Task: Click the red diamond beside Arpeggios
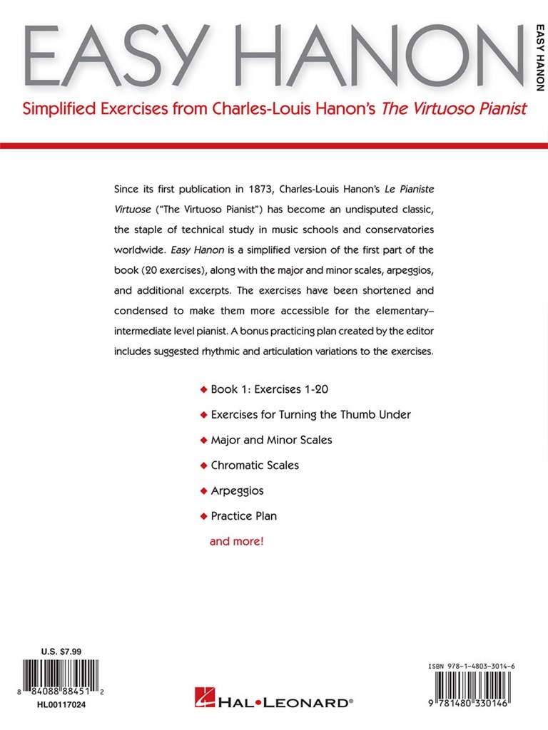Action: pyautogui.click(x=204, y=491)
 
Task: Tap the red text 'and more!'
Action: pyautogui.click(x=236, y=541)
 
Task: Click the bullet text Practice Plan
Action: pyautogui.click(x=243, y=515)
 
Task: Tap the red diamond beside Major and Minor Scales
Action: pyautogui.click(x=204, y=441)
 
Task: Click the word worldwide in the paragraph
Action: pyautogui.click(x=138, y=251)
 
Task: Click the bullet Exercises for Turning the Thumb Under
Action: pyautogui.click(x=310, y=415)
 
